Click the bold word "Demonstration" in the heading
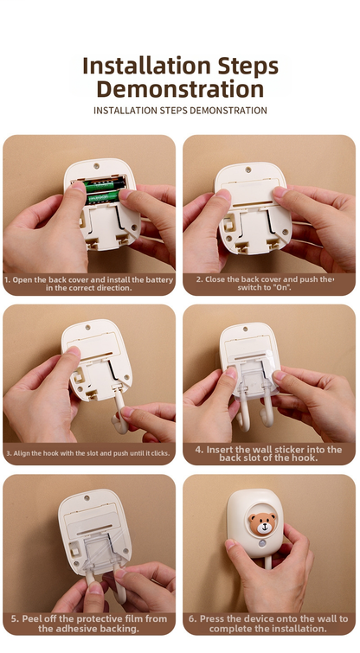click(180, 89)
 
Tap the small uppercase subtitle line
click(180, 111)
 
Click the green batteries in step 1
click(106, 189)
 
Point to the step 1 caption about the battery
click(89, 284)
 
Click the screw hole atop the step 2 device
click(248, 170)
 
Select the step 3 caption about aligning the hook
click(88, 453)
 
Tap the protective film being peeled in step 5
click(104, 551)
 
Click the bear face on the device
click(263, 523)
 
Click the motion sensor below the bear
click(262, 544)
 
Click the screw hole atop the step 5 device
click(87, 497)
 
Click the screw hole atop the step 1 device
click(96, 166)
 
